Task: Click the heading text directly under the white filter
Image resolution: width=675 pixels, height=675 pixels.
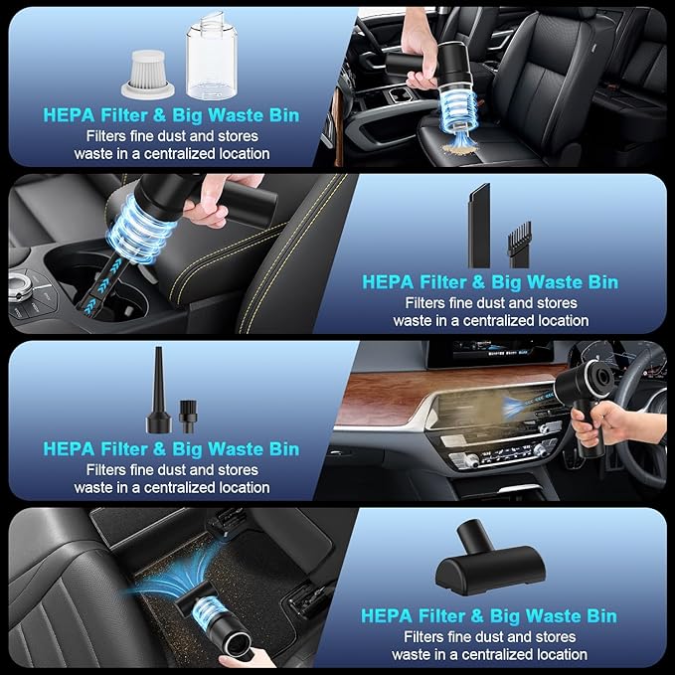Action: pyautogui.click(x=171, y=114)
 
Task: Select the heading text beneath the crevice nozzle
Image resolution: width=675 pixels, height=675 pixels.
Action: pyautogui.click(x=490, y=282)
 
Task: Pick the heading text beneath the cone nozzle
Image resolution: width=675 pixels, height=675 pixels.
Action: pyautogui.click(x=171, y=449)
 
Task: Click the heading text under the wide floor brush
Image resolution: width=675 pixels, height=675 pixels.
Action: pyautogui.click(x=490, y=616)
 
